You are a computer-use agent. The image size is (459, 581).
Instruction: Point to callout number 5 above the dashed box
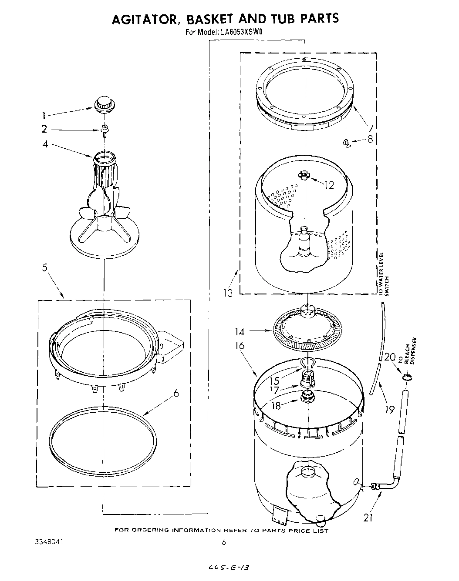[45, 267]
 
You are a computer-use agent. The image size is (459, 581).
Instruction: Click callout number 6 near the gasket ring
[176, 393]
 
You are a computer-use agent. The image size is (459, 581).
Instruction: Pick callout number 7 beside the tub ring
[371, 128]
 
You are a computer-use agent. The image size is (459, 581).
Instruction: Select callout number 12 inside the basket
[329, 185]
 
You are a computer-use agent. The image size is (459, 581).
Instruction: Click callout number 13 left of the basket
[228, 293]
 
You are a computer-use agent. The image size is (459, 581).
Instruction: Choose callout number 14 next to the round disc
[240, 332]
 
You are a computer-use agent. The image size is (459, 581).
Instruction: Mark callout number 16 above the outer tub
[240, 346]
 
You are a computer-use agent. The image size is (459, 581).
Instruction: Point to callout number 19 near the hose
[390, 409]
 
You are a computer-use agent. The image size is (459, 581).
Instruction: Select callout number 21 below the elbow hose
[368, 518]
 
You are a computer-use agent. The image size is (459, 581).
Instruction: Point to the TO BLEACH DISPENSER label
[409, 351]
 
